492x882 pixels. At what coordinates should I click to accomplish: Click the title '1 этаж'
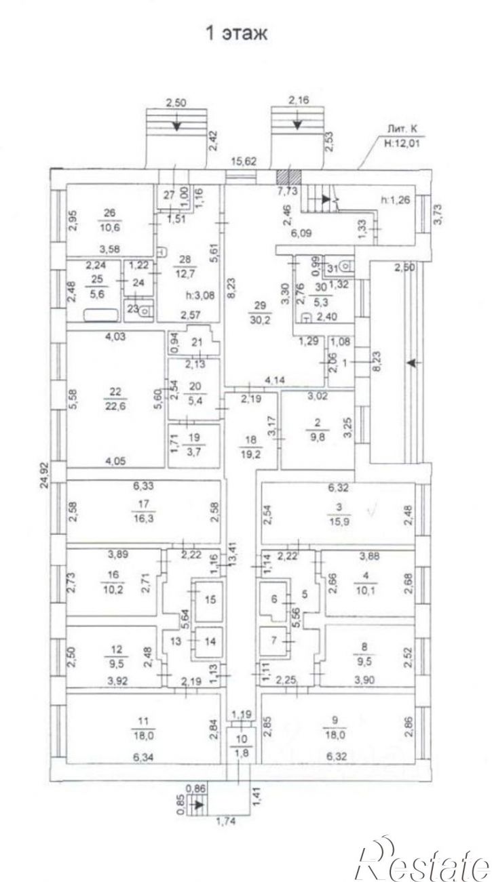click(237, 33)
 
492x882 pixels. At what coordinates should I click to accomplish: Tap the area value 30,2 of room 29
click(260, 320)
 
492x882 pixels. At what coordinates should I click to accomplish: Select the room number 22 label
click(115, 391)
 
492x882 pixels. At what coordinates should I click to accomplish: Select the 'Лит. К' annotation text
click(402, 129)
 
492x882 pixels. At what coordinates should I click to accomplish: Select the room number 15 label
click(210, 600)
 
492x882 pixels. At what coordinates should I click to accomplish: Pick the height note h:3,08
click(200, 295)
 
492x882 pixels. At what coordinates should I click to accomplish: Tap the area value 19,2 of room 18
click(250, 453)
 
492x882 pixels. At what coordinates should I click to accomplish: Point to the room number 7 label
click(274, 641)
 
